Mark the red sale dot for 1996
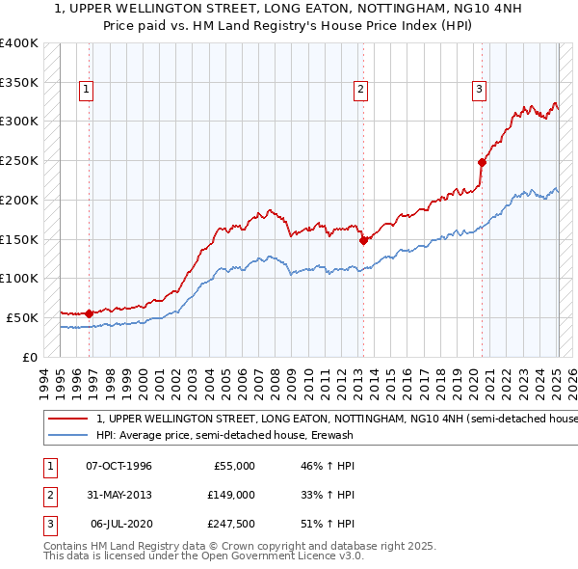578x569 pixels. [x=90, y=312]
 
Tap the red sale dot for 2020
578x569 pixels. [x=482, y=162]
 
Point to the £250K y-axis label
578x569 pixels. [x=19, y=160]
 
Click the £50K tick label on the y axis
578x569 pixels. [x=23, y=317]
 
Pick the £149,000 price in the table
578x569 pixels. [x=232, y=496]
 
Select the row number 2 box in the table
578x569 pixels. [x=47, y=496]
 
